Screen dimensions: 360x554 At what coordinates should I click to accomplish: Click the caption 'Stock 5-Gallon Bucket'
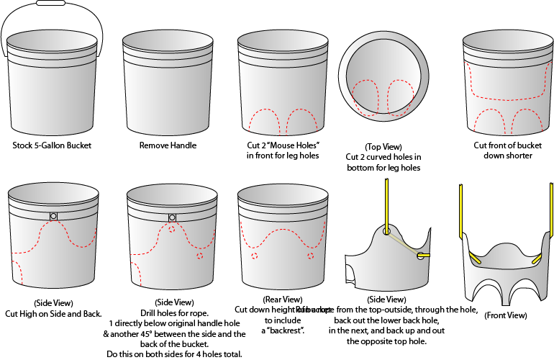click(52, 145)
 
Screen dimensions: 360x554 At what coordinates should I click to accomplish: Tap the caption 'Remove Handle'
click(168, 145)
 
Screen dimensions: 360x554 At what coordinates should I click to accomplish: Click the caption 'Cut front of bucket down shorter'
click(503, 150)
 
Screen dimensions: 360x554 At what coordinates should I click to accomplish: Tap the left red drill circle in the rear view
click(254, 256)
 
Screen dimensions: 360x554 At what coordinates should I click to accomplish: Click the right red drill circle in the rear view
click(311, 256)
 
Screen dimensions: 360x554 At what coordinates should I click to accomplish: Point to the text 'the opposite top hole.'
click(386, 341)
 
